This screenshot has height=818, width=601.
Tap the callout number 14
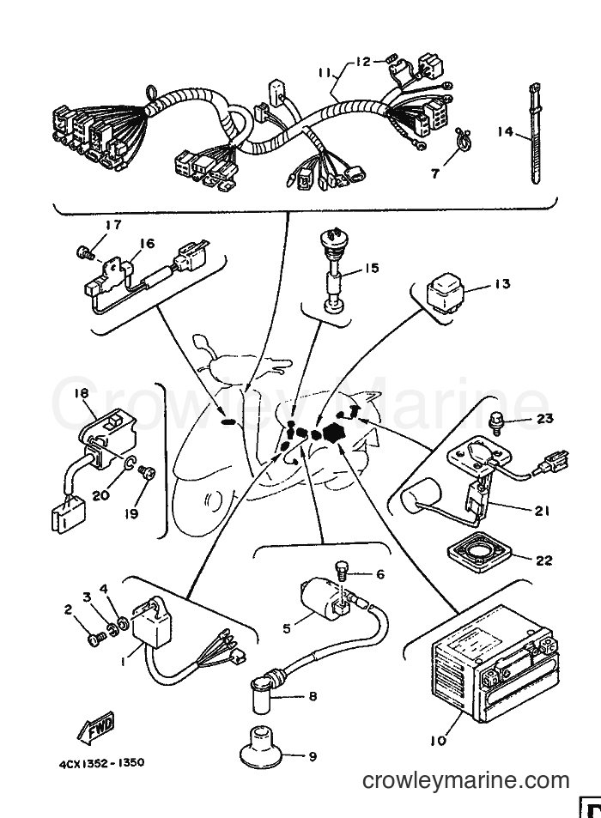[505, 131]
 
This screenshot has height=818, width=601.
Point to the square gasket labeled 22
[478, 553]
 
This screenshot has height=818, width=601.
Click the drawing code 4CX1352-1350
[100, 763]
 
